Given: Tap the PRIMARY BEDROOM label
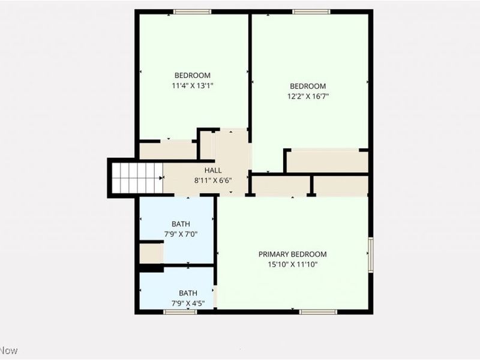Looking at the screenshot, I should coord(293,254).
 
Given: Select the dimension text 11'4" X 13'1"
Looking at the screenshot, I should coord(192,85).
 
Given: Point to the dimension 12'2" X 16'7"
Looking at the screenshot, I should coord(308,96).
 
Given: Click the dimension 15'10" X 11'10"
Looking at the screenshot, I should coord(293,264).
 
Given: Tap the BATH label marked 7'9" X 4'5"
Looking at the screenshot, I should coord(188,293).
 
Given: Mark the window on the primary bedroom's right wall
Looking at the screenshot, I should coord(371,254).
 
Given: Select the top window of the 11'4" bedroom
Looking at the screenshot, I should coord(191,12).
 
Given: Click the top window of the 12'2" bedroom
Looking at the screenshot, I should coord(311,12).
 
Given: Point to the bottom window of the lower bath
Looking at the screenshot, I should coord(180,311).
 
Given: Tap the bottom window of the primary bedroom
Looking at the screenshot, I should coord(318,311).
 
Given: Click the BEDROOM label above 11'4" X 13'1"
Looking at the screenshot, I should coord(192,76).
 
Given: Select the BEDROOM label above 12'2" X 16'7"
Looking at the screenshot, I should coord(308,86).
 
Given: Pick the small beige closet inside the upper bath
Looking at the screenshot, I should coord(151,253).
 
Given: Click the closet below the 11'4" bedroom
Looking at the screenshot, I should coord(167,151).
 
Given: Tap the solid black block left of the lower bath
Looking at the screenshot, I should coord(151,268).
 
